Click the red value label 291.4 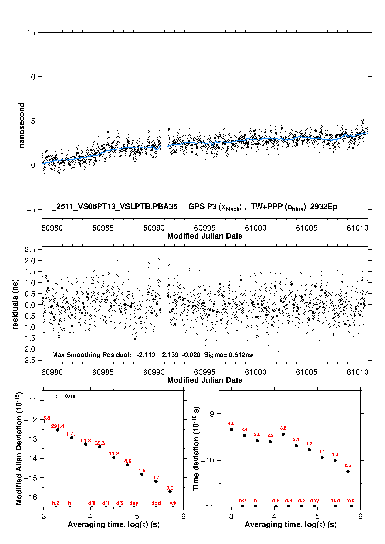57,426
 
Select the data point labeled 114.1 72,438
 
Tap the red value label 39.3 100,443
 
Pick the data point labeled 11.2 114,457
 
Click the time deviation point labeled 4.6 231,429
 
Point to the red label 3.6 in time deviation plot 283,428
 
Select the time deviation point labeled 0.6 348,472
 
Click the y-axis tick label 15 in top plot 31,33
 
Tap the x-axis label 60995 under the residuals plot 205,372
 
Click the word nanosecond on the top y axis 21,125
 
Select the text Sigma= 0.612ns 228,355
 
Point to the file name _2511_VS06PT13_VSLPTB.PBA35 115,206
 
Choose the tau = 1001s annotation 65,396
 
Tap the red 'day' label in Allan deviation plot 134,503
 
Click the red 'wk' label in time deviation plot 351,500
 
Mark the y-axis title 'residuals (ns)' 16,304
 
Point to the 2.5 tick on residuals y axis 30,250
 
